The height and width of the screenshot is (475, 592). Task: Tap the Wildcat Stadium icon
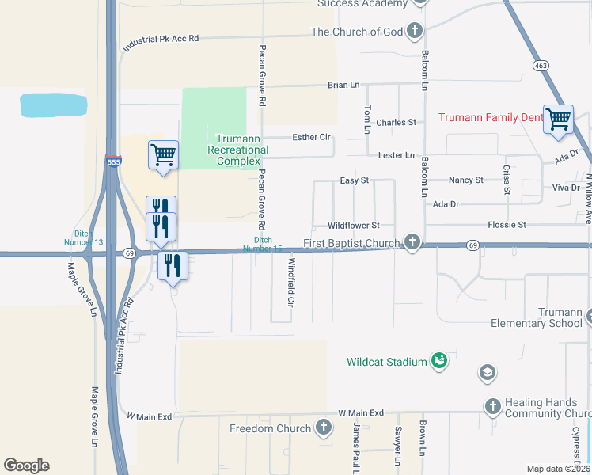438,362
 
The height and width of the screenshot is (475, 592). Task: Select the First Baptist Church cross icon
412,242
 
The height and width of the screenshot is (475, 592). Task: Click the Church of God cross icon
413,32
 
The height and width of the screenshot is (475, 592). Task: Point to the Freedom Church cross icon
323,428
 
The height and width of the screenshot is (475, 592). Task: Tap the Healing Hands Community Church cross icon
492,407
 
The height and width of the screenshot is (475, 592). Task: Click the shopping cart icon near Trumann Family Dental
558,119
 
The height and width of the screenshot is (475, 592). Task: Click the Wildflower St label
354,226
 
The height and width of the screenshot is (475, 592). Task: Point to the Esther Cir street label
311,137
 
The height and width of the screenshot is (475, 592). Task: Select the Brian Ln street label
343,85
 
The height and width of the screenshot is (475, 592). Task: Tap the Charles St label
396,123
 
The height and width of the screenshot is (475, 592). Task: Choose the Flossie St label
507,225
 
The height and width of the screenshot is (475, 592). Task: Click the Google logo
26,465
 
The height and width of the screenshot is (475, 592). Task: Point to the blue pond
53,104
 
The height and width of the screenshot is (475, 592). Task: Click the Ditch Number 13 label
84,237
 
